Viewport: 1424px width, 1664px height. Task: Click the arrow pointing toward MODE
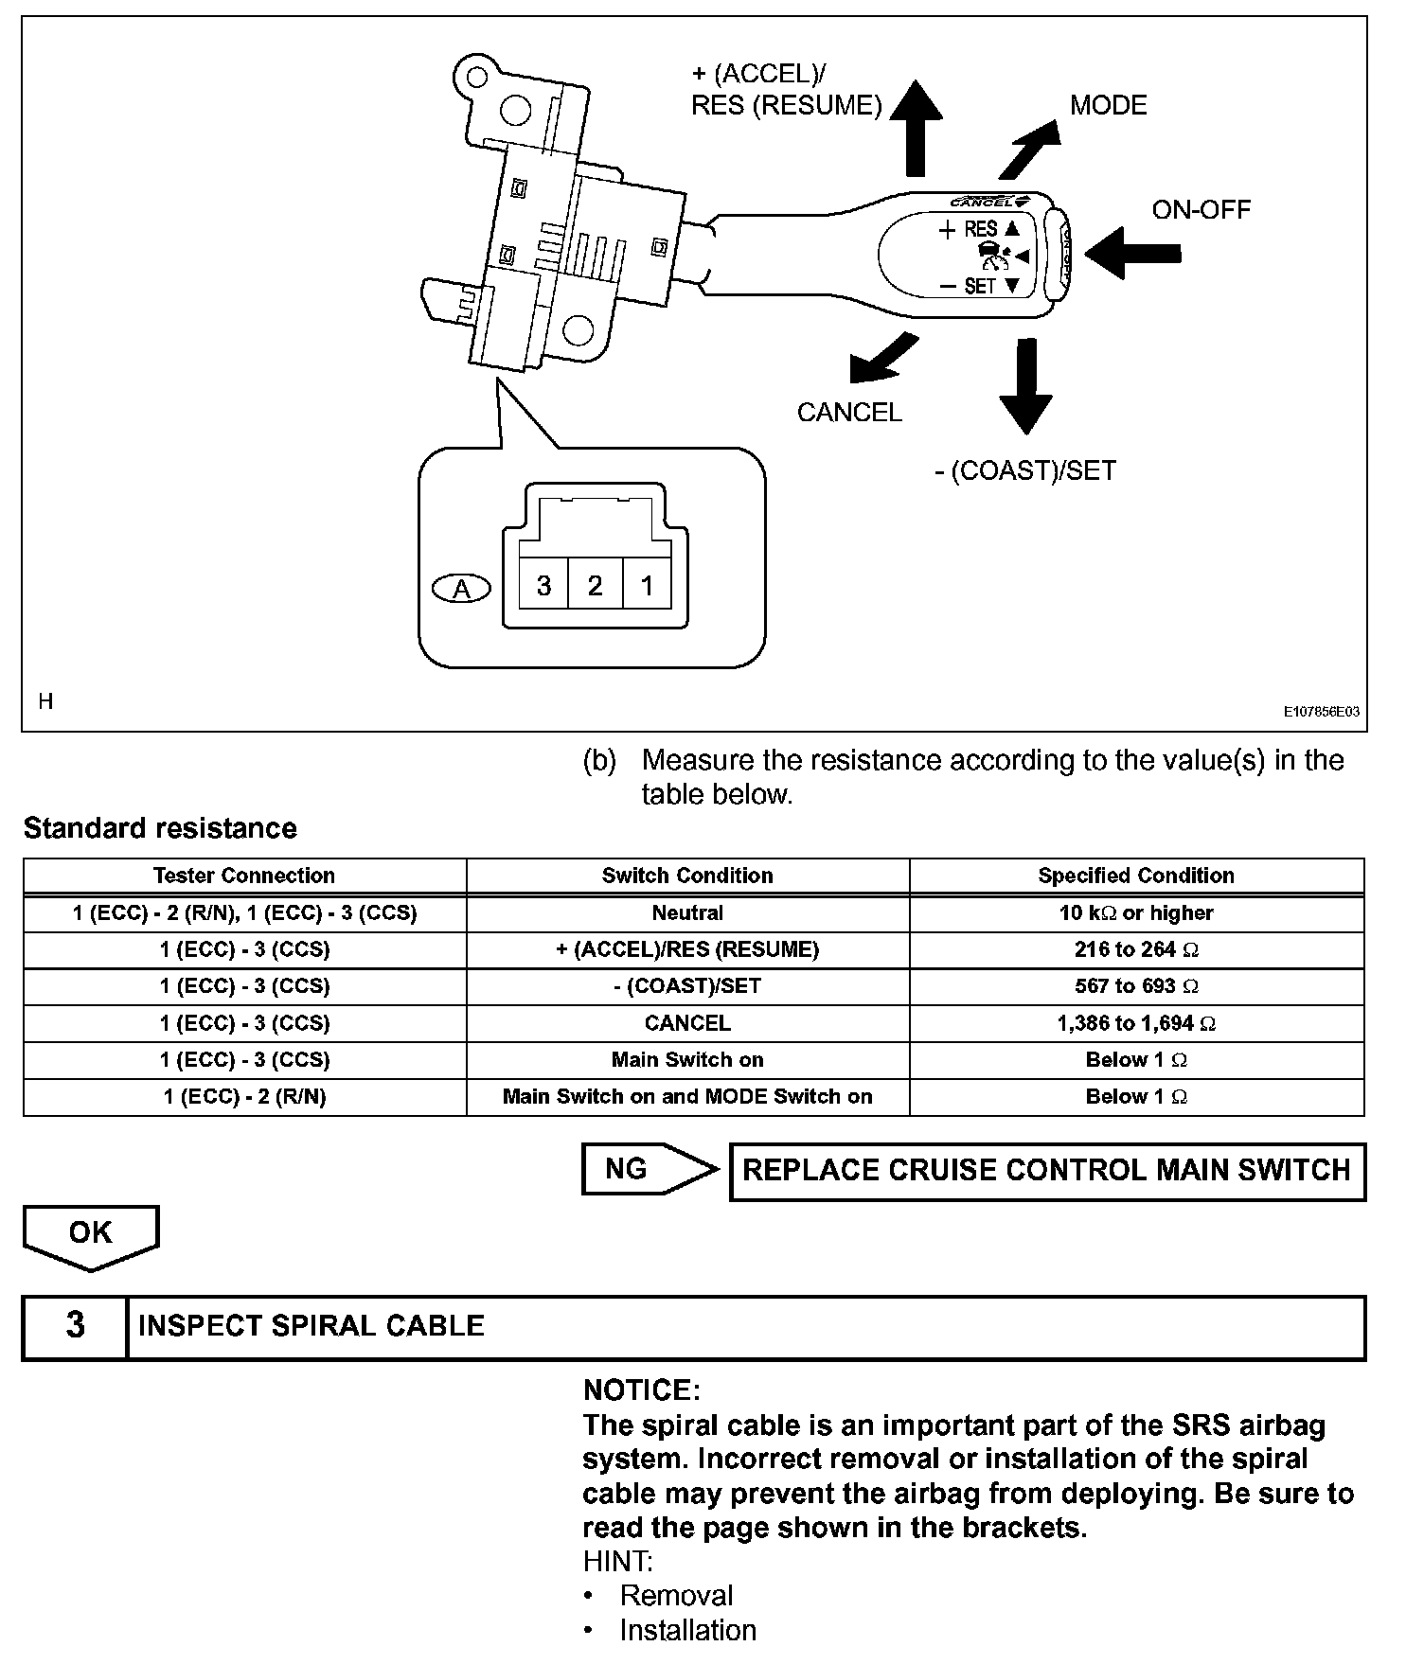(1031, 149)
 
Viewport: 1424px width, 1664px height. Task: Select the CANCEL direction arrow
(882, 359)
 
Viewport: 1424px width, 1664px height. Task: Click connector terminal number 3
(543, 586)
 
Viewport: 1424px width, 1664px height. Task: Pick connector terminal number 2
(595, 586)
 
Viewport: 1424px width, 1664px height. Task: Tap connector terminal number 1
(647, 586)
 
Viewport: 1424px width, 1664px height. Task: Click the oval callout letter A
(461, 589)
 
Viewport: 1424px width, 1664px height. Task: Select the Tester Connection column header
(244, 876)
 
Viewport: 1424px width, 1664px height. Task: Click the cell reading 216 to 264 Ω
(1136, 949)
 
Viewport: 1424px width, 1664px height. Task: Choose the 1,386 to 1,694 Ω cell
(1136, 1023)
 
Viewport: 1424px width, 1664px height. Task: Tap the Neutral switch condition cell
(687, 913)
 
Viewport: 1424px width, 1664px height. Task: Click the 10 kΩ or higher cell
(1136, 913)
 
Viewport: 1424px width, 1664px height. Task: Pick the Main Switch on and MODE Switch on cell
(687, 1097)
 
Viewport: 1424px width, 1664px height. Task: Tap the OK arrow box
(91, 1234)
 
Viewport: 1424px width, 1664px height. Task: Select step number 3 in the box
(76, 1326)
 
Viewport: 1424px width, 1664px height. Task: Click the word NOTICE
(641, 1390)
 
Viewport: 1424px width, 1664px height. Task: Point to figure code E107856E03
(1322, 712)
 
